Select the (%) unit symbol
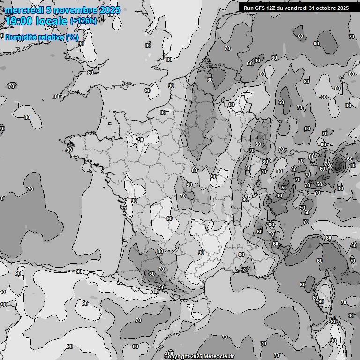coord(72,37)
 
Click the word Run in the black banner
coord(248,8)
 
